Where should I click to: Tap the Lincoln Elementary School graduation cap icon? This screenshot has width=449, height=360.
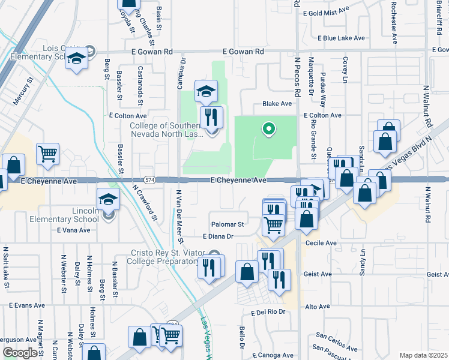pos(108,200)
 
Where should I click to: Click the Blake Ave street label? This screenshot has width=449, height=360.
pos(277,104)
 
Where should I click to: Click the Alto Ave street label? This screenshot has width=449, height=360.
pos(318,307)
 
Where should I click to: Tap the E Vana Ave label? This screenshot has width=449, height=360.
pos(73,230)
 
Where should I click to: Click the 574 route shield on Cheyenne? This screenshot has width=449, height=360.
pos(149,179)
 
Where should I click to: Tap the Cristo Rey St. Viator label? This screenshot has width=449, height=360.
pos(171,253)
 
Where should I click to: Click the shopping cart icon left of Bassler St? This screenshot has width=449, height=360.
pos(48,154)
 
